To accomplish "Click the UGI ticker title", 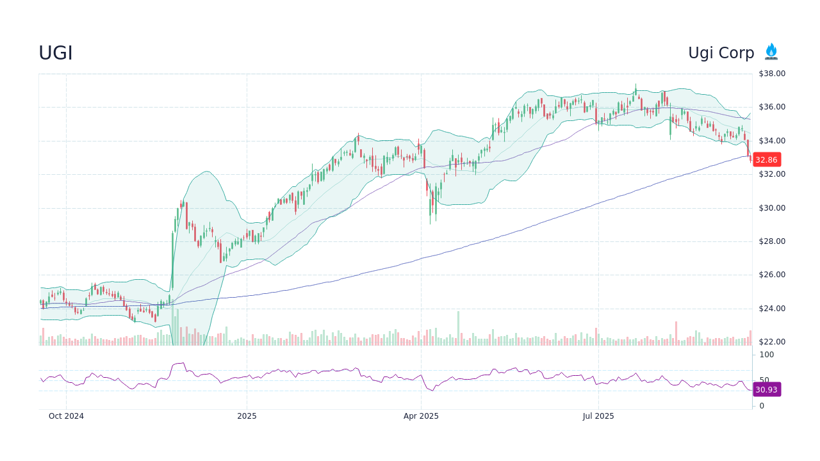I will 56,53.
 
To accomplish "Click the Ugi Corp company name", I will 721,53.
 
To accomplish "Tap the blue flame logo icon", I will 771,52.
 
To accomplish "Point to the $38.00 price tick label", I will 771,74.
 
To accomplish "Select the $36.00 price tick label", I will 771,107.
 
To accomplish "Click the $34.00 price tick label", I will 771,141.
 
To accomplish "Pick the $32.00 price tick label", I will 771,174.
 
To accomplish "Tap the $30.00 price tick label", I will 771,208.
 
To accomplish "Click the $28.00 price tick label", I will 771,241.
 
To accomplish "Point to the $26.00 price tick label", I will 771,275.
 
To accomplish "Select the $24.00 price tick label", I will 771,309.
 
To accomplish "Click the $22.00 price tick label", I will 771,342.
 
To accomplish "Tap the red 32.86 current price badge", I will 766,159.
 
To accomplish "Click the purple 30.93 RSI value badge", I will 766,389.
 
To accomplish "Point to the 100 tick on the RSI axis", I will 767,355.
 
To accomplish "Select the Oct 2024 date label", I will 66,416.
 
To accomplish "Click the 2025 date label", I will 247,416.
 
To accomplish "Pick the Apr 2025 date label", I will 421,416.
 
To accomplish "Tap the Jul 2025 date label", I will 598,416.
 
